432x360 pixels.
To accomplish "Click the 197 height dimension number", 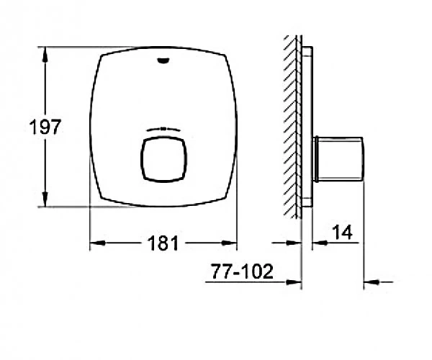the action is pos(45,127).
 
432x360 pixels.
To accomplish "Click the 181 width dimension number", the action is pos(163,243).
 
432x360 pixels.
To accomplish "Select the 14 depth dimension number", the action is pos(342,232).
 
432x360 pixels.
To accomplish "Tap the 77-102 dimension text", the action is pos(242,271).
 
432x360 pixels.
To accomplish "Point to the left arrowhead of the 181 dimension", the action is pos(98,243).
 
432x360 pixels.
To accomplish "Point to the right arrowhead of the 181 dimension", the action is pos(229,243).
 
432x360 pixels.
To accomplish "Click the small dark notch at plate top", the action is pos(163,60).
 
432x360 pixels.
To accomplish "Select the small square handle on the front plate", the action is pos(163,160).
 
